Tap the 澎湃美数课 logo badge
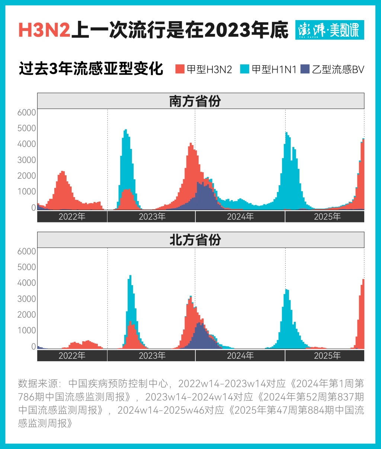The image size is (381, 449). pyautogui.click(x=330, y=30)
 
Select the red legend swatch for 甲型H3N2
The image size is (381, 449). pyautogui.click(x=180, y=69)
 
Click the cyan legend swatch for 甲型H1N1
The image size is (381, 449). pyautogui.click(x=244, y=69)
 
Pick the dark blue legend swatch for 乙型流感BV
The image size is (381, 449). pyautogui.click(x=305, y=69)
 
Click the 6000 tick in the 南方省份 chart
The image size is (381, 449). pyautogui.click(x=27, y=112)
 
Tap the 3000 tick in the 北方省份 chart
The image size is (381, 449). pyautogui.click(x=27, y=299)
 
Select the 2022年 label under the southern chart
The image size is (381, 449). pyautogui.click(x=72, y=217)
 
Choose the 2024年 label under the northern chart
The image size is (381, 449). pyautogui.click(x=240, y=356)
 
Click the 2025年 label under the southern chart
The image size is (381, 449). pyautogui.click(x=327, y=217)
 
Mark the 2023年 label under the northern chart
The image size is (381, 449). pyautogui.click(x=152, y=356)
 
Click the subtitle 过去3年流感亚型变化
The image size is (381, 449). pyautogui.click(x=91, y=69)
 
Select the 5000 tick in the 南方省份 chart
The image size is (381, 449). pyautogui.click(x=27, y=128)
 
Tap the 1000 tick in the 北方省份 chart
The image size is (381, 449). pyautogui.click(x=27, y=330)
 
